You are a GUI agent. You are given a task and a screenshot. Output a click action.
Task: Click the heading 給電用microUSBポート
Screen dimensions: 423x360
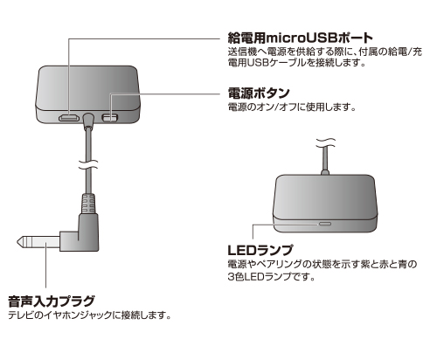tap(301, 38)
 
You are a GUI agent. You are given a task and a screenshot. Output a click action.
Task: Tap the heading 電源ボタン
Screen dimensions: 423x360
tap(259, 93)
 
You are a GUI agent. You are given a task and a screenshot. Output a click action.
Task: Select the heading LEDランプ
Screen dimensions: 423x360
tap(260, 250)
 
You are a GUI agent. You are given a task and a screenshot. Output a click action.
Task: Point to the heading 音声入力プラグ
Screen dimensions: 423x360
tap(52, 301)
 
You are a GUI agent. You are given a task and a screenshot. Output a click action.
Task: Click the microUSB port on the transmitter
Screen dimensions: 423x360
tap(69, 118)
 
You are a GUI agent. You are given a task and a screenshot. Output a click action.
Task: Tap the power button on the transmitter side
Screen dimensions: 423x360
tap(110, 118)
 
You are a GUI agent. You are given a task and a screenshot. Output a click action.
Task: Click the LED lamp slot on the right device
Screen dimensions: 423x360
tap(325, 224)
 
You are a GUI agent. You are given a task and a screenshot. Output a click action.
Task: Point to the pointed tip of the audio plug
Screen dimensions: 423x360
tap(17, 242)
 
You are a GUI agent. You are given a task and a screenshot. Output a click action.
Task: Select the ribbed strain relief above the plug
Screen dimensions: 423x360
tap(88, 204)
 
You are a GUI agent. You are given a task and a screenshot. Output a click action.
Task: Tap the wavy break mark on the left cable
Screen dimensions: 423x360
tap(88, 165)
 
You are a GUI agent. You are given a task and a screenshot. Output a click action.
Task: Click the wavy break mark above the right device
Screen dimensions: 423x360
tap(325, 142)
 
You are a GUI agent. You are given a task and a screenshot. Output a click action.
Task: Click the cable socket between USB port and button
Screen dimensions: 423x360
tap(88, 120)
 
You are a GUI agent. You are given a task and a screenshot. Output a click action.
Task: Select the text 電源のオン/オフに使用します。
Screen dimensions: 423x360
tap(292, 107)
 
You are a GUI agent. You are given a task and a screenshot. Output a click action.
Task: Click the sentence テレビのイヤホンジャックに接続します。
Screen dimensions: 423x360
tap(89, 315)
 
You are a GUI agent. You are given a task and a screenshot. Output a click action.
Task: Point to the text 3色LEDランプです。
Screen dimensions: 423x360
tap(272, 276)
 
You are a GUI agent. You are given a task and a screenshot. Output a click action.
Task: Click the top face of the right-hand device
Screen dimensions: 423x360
tap(325, 196)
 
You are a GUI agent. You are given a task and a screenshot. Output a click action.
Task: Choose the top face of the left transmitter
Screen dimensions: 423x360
tap(88, 87)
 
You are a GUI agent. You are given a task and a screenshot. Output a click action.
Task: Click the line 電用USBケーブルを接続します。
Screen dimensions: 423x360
tap(296, 63)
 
